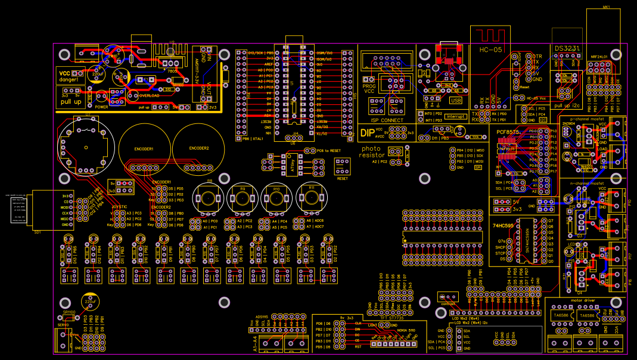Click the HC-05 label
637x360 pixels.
489,49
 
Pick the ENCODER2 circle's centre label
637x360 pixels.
199,148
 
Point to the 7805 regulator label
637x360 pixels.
172,70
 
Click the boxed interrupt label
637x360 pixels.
455,116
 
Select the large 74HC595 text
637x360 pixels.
502,226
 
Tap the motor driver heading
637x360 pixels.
584,300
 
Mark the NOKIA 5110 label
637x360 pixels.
405,330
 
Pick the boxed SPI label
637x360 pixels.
478,167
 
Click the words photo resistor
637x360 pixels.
372,152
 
